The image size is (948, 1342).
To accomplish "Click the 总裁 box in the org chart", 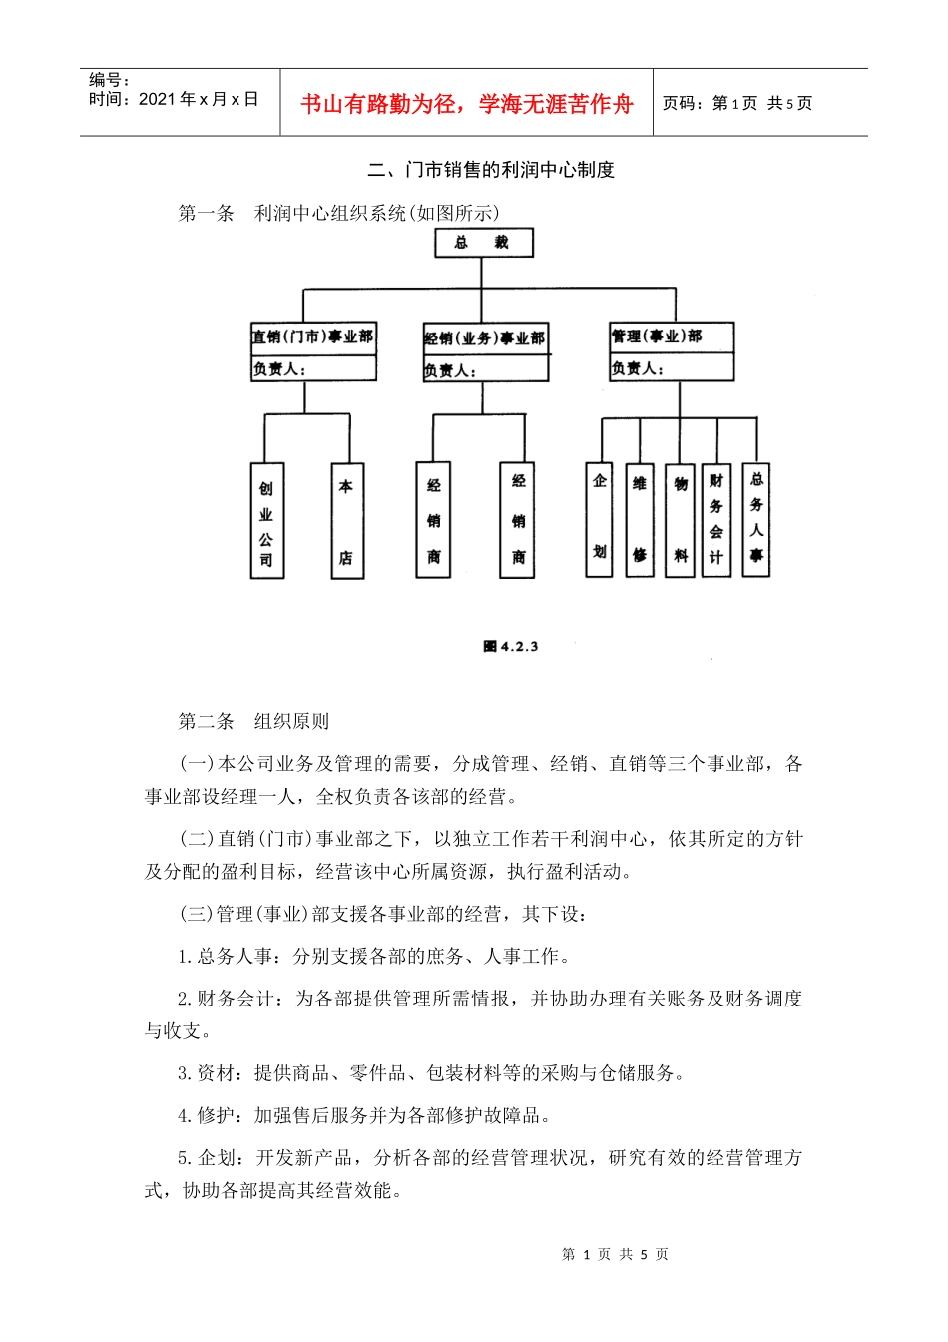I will pos(483,243).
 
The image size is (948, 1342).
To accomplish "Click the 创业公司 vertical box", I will pos(266,521).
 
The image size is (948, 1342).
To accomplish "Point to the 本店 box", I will pos(346,521).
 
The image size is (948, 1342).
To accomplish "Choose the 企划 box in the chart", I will pos(599,519).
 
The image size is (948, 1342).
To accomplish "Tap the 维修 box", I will pos(639,519).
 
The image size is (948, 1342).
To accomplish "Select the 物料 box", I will pos(680,519).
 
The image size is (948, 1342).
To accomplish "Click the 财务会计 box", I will pos(716,519).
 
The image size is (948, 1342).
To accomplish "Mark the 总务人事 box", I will pos(756,519).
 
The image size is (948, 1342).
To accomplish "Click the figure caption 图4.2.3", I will pos(511,647).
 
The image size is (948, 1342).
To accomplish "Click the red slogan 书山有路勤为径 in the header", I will pos(467,104).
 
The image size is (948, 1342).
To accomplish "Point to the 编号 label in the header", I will pos(109,80).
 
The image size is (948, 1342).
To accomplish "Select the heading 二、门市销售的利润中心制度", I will pos(491,170).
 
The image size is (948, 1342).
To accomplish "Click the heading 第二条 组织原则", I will pos(253,721).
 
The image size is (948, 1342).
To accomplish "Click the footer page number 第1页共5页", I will pos(615,1254).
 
